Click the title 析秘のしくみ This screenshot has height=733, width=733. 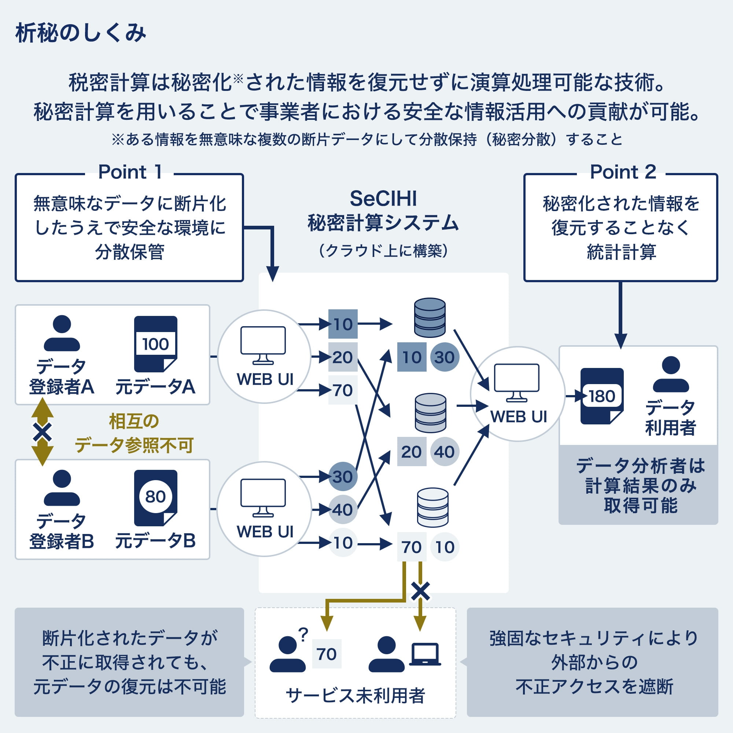tap(80, 33)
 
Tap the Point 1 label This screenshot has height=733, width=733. tap(130, 172)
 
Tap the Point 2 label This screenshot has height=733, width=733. tap(623, 172)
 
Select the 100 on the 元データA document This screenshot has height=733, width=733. tap(155, 344)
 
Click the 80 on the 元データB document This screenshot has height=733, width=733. tap(155, 497)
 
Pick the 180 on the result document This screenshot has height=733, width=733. tap(602, 396)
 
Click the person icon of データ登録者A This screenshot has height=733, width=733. tap(62, 333)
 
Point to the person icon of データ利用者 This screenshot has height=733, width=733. tap(671, 374)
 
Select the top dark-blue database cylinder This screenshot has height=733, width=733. tap(430, 317)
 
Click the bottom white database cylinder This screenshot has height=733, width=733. tap(432, 508)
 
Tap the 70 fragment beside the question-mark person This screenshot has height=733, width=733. tap(326, 654)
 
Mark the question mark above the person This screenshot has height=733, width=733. tap(303, 635)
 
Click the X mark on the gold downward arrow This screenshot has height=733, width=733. tap(420, 592)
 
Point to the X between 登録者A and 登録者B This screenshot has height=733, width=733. tap(43, 432)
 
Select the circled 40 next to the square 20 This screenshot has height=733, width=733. tap(444, 452)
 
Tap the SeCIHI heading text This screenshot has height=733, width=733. tap(383, 198)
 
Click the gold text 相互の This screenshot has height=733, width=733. tap(134, 421)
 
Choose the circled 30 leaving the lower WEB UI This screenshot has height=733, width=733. tap(343, 476)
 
